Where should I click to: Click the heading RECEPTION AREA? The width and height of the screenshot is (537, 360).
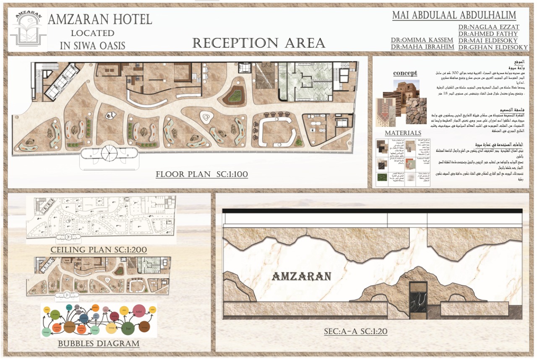point(258,43)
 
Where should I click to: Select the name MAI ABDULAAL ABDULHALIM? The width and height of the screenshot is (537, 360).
point(454,16)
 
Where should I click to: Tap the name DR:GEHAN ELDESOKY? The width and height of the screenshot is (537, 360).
point(493,47)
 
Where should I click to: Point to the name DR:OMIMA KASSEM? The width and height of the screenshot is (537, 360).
point(422,40)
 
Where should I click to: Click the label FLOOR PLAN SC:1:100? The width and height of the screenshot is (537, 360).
point(201,174)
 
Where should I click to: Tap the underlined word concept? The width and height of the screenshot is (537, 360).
point(405,73)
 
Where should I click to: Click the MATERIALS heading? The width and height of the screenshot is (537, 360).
point(403,133)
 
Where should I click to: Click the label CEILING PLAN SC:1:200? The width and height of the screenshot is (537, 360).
point(99,250)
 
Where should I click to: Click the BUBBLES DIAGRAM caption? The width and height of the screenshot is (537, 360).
point(99,344)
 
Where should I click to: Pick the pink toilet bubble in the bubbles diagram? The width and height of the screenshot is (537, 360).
point(139,311)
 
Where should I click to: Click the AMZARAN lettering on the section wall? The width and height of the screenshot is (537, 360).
point(302,277)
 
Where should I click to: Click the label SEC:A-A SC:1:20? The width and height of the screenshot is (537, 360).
point(355,331)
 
